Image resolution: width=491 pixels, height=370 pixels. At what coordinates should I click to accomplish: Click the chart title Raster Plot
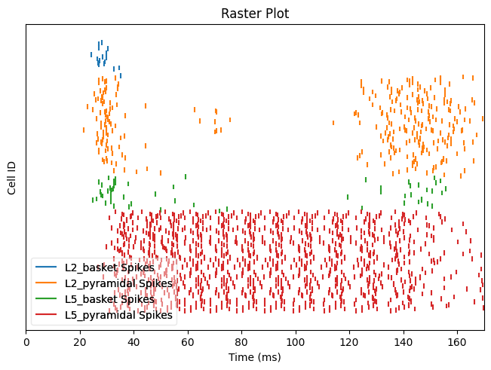[x=255, y=14]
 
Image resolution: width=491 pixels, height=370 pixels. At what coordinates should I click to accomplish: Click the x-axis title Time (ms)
[x=255, y=356]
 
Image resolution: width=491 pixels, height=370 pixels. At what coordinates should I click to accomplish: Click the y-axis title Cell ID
[x=13, y=178]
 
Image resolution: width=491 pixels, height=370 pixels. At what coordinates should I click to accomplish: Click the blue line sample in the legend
[x=47, y=268]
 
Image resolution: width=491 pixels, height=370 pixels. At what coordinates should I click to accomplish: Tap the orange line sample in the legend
[x=47, y=283]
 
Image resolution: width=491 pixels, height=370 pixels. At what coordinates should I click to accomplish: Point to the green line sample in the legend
[x=47, y=299]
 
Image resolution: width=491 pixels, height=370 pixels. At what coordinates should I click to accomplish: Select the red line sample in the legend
[x=47, y=315]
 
